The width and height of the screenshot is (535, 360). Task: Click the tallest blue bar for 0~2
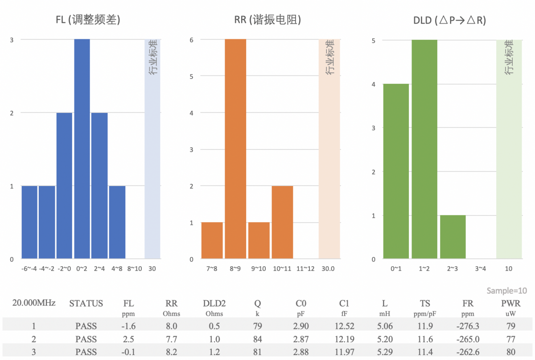tap(82, 149)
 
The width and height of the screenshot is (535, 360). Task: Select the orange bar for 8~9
tap(235, 149)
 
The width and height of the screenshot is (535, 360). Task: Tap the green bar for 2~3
tap(453, 237)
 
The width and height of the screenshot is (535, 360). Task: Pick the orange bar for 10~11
tap(282, 222)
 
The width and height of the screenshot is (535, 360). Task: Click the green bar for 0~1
tap(396, 171)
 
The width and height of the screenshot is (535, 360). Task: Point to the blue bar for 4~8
tap(117, 222)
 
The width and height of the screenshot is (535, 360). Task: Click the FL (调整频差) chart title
tap(89, 20)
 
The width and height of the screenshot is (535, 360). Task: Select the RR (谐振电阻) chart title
tap(267, 20)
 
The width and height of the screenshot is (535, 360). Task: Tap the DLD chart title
tap(449, 20)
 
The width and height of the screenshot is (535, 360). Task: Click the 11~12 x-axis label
tap(305, 269)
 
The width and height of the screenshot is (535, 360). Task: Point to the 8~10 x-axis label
tap(135, 269)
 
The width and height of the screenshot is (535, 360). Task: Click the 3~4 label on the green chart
tap(481, 269)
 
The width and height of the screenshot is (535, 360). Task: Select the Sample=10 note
tap(506, 291)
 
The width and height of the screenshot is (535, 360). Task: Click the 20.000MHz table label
tap(34, 303)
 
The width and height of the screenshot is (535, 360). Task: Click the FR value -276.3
tap(468, 327)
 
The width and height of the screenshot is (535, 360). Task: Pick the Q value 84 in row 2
tap(257, 339)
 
